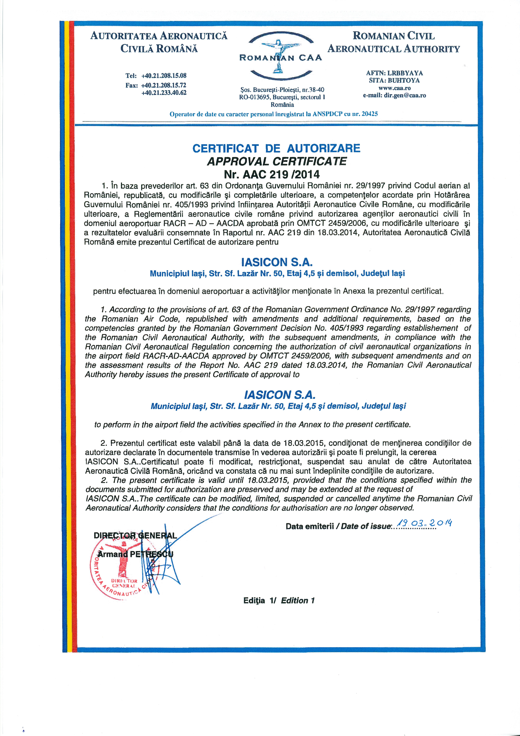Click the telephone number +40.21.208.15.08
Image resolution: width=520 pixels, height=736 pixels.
coord(164,76)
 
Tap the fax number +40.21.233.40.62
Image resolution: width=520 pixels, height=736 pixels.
coord(164,93)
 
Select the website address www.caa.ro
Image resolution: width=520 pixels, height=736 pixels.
coord(394,88)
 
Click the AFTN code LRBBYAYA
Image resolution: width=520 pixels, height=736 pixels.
coord(405,73)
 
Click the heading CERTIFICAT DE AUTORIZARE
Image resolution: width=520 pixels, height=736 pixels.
coord(276,148)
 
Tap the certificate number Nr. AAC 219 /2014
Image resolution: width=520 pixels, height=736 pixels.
coord(272,174)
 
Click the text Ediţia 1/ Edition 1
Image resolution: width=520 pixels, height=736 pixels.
coord(279,601)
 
